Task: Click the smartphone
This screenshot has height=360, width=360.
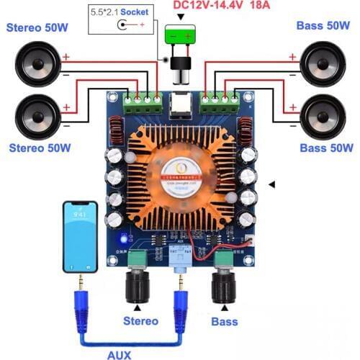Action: (79, 235)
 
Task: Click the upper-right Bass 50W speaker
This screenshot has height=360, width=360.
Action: (323, 63)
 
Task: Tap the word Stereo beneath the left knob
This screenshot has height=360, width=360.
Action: (140, 320)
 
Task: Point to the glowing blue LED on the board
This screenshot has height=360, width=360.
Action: (125, 238)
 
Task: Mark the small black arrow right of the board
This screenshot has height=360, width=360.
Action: (272, 185)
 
